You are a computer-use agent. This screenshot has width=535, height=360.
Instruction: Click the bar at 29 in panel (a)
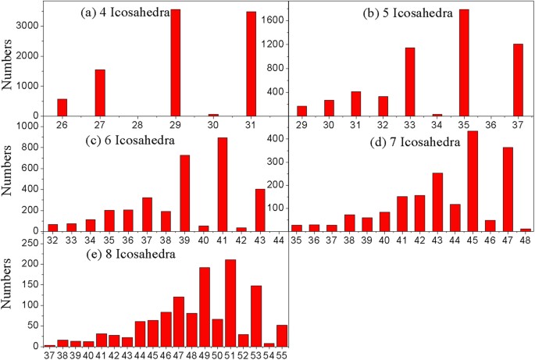tap(175, 62)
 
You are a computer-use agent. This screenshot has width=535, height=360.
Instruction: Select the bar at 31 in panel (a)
tap(251, 63)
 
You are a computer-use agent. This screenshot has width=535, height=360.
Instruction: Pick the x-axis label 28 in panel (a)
tap(137, 123)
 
